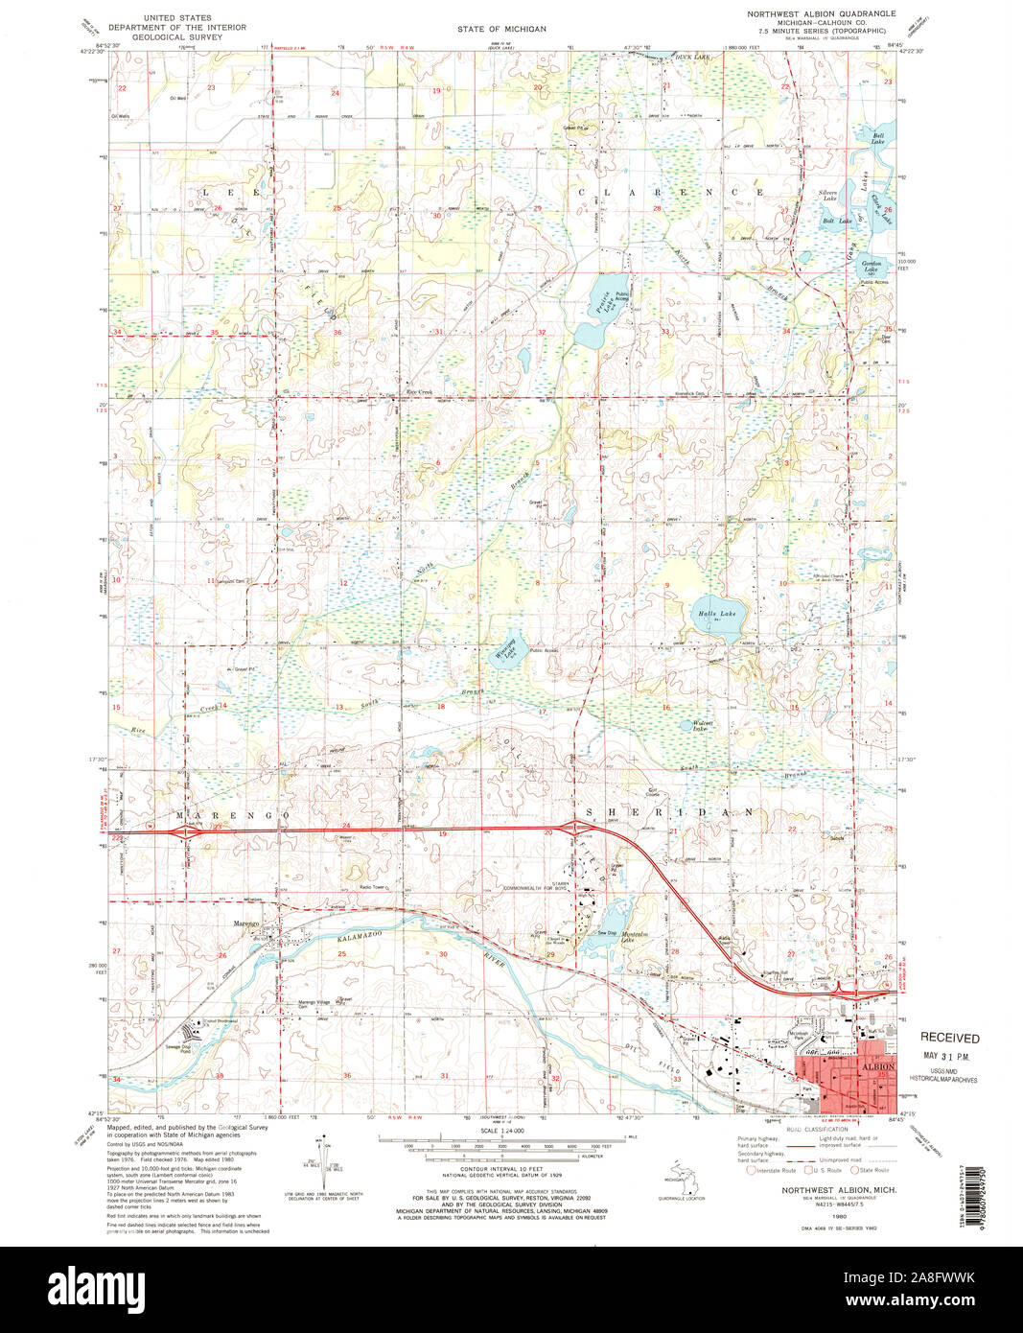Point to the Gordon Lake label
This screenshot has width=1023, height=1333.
pyautogui.click(x=872, y=265)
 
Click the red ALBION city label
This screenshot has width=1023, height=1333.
pyautogui.click(x=878, y=1066)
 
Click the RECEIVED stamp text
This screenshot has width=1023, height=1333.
pyautogui.click(x=950, y=1038)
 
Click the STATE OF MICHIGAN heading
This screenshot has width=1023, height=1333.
pyautogui.click(x=501, y=30)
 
